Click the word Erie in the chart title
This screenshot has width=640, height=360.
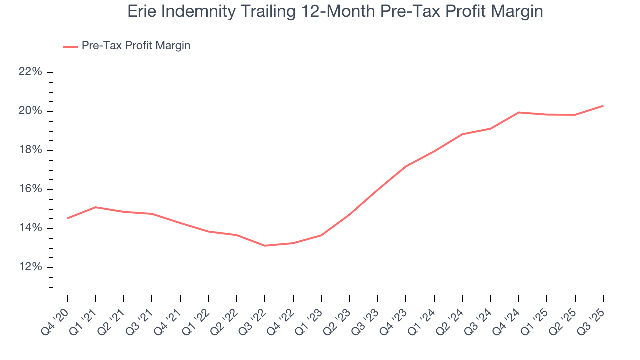point(141,11)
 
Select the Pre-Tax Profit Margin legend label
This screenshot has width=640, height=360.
point(136,46)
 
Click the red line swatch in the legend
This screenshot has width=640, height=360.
point(70,46)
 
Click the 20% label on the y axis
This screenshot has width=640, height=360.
point(30,111)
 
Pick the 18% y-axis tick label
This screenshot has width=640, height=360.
point(30,150)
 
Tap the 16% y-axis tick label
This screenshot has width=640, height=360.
point(30,189)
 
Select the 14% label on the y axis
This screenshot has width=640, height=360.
point(30,228)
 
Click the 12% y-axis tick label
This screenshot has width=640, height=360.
point(30,267)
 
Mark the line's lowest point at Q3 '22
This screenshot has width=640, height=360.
point(265,246)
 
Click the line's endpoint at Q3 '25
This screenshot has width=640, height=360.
point(603,106)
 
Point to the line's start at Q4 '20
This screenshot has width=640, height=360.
point(67,218)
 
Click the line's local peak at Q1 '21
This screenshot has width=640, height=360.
point(95,207)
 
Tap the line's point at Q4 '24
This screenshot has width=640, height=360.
point(519,112)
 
